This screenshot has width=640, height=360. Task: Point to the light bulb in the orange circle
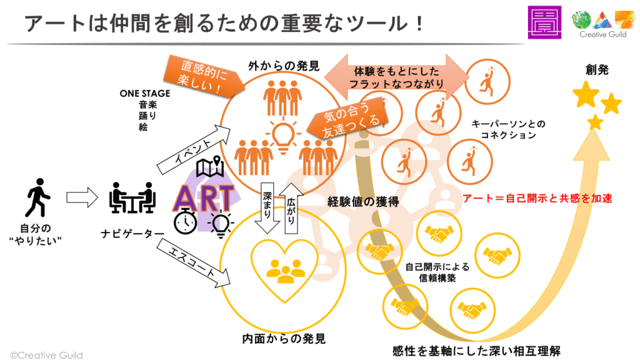point(282,134)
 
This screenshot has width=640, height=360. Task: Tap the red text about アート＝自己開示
point(536,199)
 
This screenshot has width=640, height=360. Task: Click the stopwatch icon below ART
point(186,223)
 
